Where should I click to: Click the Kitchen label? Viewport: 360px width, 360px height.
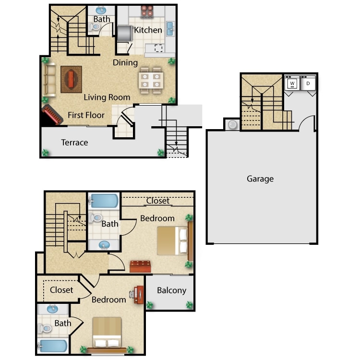[148, 30]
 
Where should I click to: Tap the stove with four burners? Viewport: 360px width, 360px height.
[147, 12]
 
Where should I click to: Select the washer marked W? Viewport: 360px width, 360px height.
[292, 84]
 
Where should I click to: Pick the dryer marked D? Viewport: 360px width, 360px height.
[308, 84]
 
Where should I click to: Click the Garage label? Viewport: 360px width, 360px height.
[260, 179]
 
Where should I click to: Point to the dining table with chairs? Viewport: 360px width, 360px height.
[151, 80]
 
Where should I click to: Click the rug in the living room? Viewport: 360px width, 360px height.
[71, 79]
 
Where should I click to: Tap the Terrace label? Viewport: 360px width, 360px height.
[74, 143]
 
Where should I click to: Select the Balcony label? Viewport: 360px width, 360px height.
[171, 290]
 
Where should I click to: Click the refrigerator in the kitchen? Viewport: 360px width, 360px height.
[125, 33]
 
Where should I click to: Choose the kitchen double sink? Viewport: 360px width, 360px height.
[170, 29]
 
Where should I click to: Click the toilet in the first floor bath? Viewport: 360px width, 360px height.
[95, 27]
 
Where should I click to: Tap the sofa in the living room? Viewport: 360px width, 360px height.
[49, 80]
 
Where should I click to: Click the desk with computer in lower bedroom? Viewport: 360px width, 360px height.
[137, 295]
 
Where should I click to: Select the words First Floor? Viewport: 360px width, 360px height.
[86, 115]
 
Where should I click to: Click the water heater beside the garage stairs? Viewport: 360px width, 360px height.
[232, 125]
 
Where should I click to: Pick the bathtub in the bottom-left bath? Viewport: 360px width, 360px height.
[53, 346]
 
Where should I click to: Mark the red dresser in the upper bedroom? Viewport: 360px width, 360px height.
[140, 266]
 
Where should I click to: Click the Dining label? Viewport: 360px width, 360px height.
[125, 63]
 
